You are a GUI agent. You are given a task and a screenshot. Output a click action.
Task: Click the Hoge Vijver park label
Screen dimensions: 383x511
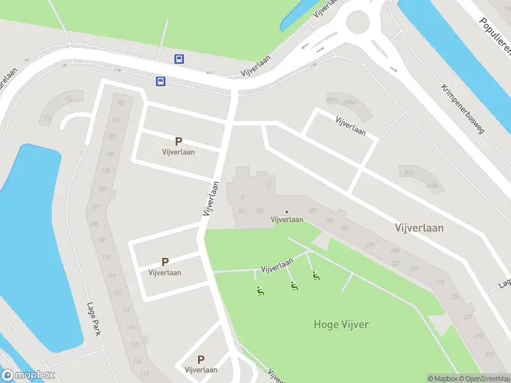341,324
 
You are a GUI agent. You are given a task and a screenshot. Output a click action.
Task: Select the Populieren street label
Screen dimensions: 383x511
495,35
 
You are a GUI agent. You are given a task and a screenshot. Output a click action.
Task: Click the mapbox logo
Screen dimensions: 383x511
28,375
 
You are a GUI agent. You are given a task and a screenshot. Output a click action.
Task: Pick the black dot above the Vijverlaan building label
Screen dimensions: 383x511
287,212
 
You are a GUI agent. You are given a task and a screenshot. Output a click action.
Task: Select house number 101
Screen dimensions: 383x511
121,103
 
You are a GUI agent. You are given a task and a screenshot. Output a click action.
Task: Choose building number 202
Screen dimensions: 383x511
259,211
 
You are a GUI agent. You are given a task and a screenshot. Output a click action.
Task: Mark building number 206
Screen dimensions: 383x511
330,220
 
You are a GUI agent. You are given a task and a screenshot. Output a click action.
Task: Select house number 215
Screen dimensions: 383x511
439,282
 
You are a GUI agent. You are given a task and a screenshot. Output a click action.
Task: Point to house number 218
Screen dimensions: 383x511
478,336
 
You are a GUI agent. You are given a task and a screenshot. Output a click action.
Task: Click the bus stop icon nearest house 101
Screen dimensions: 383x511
161,81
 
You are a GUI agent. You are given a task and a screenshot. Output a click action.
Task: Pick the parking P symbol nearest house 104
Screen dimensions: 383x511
178,142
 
